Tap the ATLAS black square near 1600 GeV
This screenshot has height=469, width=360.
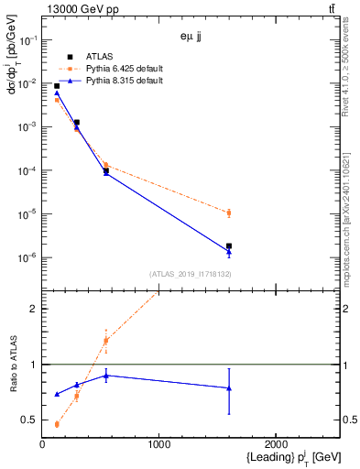pos(229,245)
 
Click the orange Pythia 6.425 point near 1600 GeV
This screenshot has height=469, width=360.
pos(229,213)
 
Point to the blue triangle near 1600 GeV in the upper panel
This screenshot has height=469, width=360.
pos(229,252)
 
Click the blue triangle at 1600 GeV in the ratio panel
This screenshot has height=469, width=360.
pos(229,388)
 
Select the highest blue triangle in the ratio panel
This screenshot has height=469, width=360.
pos(106,375)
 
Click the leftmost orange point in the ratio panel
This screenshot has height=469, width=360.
pos(57,424)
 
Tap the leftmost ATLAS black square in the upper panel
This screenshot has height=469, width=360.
pos(57,86)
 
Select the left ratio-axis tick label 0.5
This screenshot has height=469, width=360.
pos(30,420)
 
